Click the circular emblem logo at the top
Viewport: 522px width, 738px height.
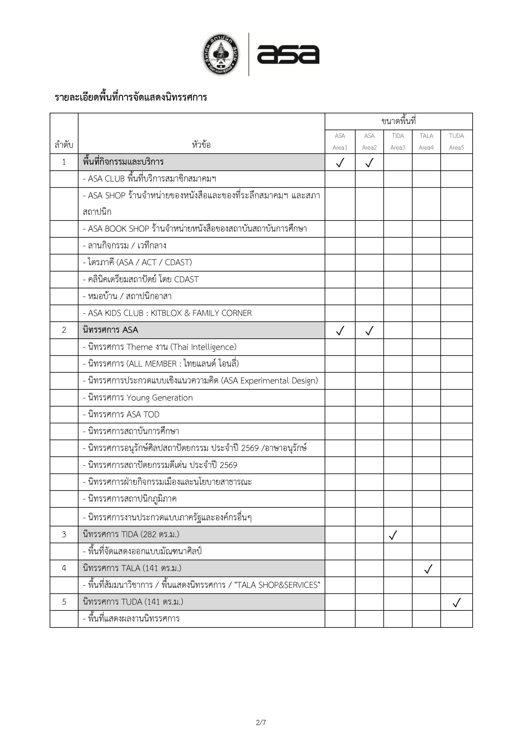[221, 54]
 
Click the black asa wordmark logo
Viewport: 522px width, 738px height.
[288, 54]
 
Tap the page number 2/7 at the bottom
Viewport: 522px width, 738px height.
[261, 722]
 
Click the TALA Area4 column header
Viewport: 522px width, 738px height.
[426, 142]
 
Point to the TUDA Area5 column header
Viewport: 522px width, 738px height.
[456, 142]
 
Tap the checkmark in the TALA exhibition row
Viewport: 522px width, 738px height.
[428, 569]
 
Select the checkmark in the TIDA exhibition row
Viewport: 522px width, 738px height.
[393, 535]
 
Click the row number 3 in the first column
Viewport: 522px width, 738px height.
[64, 534]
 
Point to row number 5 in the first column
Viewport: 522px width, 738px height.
[64, 602]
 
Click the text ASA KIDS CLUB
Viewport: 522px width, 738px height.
[116, 313]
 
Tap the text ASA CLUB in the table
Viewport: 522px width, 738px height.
[106, 179]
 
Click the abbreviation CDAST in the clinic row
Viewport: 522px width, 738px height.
[186, 279]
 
